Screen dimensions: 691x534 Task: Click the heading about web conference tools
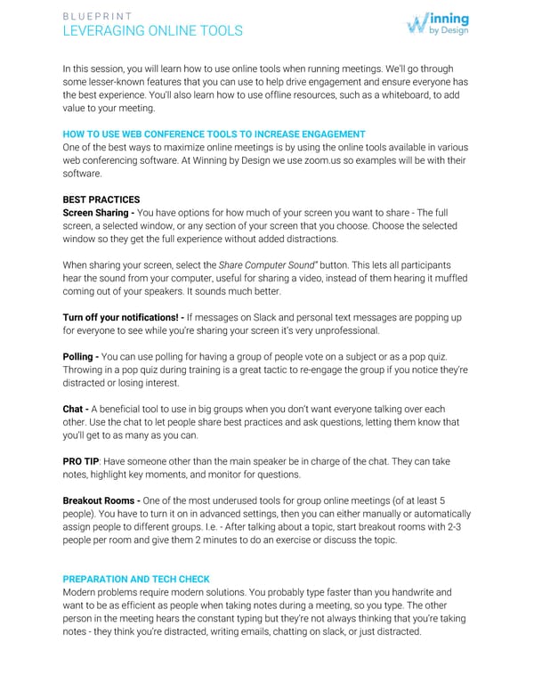click(x=214, y=134)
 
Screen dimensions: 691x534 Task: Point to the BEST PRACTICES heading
click(x=101, y=199)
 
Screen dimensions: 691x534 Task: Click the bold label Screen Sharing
click(x=98, y=213)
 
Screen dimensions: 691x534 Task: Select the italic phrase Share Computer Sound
click(x=266, y=265)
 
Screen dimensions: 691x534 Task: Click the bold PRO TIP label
click(x=82, y=462)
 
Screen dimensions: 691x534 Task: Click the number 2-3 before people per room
click(x=457, y=528)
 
